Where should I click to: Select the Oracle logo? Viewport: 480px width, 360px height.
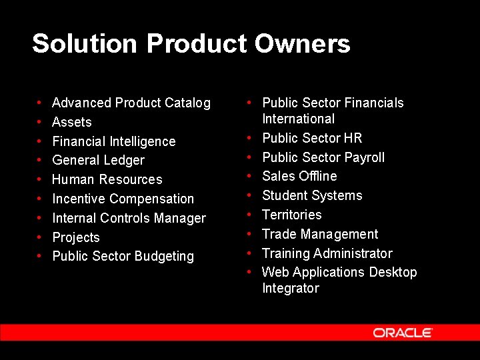(403, 333)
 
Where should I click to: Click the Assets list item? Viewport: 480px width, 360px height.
(72, 122)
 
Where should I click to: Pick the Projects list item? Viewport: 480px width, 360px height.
(76, 237)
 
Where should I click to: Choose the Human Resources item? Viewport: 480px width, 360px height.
(107, 179)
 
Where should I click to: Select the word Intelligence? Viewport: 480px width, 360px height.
(141, 141)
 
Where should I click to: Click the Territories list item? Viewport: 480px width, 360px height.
(291, 215)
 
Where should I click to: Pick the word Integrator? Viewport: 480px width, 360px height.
(291, 288)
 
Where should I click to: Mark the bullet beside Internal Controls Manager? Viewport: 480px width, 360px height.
(39, 218)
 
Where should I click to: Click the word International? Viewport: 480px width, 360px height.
(298, 119)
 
